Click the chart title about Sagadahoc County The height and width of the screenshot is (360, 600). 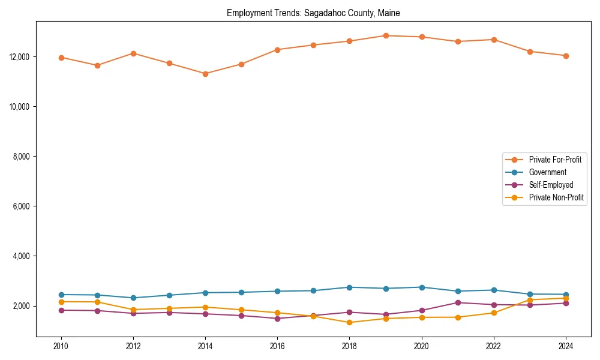(x=313, y=13)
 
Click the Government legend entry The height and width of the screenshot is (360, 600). (x=547, y=172)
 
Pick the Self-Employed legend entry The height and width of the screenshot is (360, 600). (x=551, y=185)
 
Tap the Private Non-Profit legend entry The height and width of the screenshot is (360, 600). (x=556, y=197)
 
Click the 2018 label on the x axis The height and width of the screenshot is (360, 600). (x=349, y=346)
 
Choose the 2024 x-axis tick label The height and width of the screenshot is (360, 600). (x=565, y=346)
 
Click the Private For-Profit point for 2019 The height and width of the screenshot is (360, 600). (x=386, y=36)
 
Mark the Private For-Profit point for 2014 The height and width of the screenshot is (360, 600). (x=205, y=74)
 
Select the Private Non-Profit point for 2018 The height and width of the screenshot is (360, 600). (x=349, y=322)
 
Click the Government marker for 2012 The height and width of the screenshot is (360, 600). (x=133, y=298)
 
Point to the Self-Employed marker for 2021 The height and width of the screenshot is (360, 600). (x=458, y=302)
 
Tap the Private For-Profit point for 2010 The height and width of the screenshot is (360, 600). (x=61, y=58)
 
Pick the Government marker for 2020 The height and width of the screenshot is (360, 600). (x=422, y=287)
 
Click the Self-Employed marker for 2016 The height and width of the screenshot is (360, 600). (x=277, y=319)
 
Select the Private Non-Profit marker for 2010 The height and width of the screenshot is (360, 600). (x=61, y=302)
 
